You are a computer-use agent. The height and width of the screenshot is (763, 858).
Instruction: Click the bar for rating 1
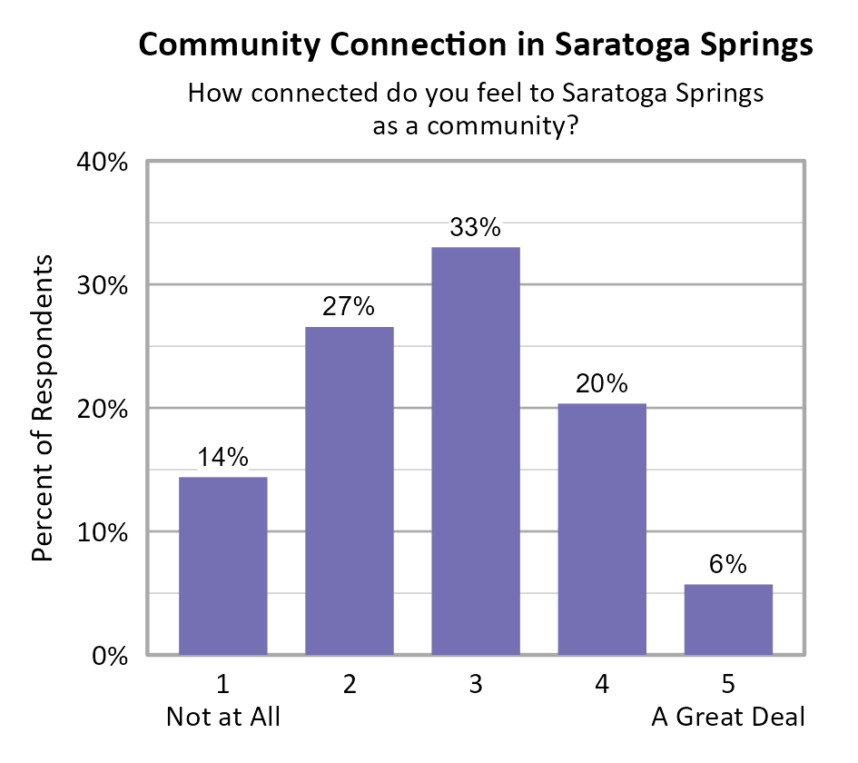click(x=223, y=565)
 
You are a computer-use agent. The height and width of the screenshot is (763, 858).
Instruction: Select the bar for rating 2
click(x=350, y=490)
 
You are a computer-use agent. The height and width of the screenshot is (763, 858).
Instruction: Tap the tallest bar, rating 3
click(x=476, y=451)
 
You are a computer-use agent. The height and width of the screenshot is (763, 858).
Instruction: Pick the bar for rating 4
click(x=602, y=529)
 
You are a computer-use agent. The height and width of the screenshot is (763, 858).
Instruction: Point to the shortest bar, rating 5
click(x=728, y=619)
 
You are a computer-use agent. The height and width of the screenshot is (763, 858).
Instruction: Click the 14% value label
click(x=223, y=458)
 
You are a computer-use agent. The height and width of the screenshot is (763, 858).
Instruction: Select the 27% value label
click(x=350, y=307)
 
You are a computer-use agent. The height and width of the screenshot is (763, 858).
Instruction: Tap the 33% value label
click(x=476, y=228)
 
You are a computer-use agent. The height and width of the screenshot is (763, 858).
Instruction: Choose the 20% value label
click(x=602, y=384)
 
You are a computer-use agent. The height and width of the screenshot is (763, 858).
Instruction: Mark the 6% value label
click(x=728, y=565)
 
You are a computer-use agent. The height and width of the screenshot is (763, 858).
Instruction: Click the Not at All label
click(x=223, y=718)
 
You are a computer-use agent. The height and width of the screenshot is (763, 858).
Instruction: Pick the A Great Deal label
click(x=728, y=718)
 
